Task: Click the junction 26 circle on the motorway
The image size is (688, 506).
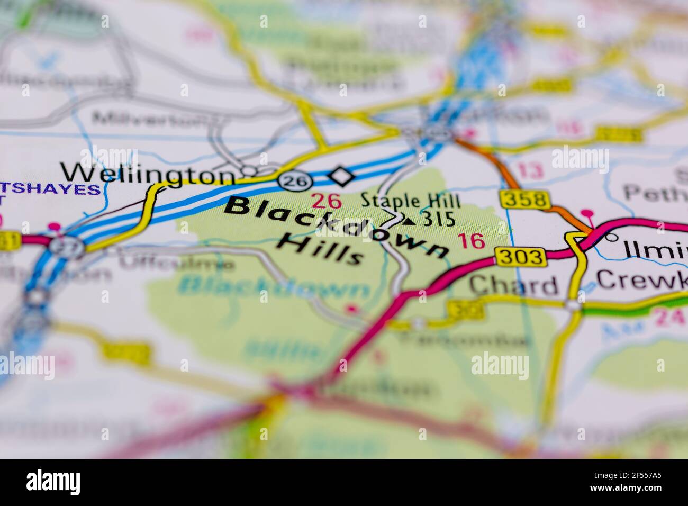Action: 291,180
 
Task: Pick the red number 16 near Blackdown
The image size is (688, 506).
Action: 471,241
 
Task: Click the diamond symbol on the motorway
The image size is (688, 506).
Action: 341,176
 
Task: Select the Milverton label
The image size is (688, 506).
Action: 148,118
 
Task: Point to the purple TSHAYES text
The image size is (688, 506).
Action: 50,189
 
